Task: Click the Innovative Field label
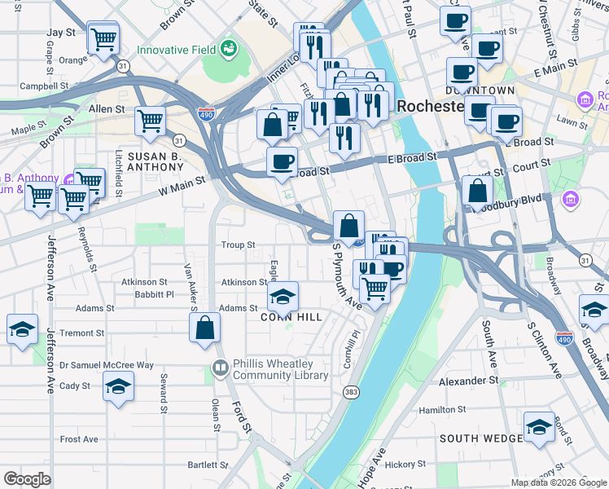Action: coord(175,50)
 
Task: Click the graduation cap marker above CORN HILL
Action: coord(283,297)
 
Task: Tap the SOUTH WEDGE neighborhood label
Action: coord(480,438)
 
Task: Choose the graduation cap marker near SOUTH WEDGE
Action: coord(539,428)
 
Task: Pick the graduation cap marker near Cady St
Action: coord(118,386)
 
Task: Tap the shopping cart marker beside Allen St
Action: coord(151,121)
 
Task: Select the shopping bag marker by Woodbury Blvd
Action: coord(478,192)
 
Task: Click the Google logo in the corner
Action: coord(28,479)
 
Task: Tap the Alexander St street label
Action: coord(468,381)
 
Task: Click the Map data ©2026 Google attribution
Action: coord(558,482)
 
